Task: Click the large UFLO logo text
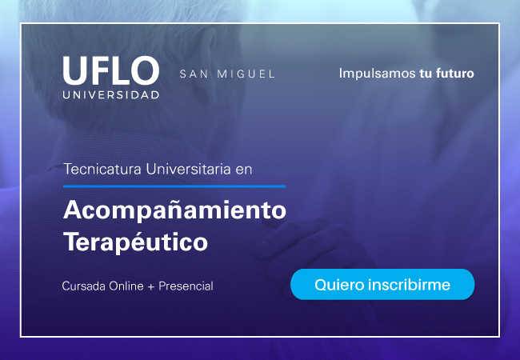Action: (111, 70)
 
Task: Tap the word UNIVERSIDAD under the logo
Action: (111, 95)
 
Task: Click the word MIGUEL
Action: (246, 74)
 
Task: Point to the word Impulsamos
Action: (377, 74)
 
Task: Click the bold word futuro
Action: (454, 74)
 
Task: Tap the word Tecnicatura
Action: (103, 169)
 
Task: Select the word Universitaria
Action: (188, 169)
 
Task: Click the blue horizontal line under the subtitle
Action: (174, 186)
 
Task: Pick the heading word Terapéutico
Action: (136, 242)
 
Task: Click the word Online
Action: (126, 286)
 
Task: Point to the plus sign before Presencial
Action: (151, 286)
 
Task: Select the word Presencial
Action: (186, 286)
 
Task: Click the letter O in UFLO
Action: (145, 70)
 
